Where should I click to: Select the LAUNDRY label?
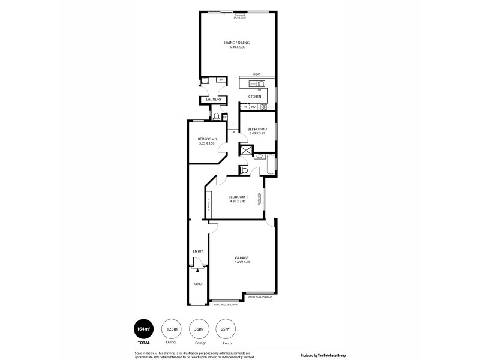[x=214, y=100]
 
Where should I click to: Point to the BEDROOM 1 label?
[x=238, y=197]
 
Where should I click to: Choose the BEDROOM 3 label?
[x=257, y=130]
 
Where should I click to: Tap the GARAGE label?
[x=242, y=258]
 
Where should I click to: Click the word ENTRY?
[x=198, y=251]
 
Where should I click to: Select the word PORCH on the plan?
[x=197, y=284]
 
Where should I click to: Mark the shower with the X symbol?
[x=246, y=150]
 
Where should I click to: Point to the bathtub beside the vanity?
[x=269, y=164]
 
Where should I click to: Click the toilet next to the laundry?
[x=216, y=116]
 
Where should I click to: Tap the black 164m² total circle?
[x=144, y=330]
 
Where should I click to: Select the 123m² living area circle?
[x=172, y=330]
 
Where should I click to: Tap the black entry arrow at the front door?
[x=197, y=271]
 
